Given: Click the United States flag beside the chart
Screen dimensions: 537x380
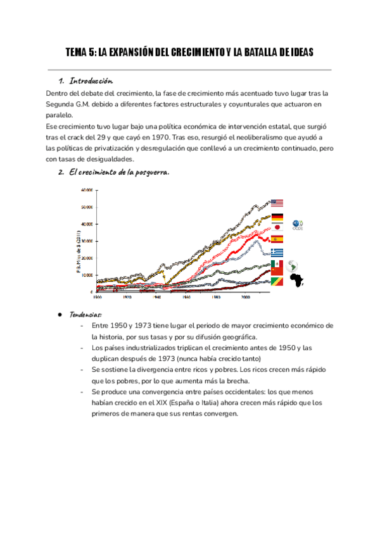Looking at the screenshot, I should [x=277, y=203].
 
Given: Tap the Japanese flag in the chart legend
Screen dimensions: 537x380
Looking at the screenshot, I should [x=277, y=227].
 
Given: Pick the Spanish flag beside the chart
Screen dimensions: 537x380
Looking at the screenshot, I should [x=277, y=239].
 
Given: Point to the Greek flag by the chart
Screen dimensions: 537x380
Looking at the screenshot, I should [x=277, y=251].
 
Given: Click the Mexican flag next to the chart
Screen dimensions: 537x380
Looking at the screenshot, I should [x=277, y=262].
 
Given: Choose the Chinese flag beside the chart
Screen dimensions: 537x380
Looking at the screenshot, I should [x=277, y=274].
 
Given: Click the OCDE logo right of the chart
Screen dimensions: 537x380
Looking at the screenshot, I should [x=298, y=225].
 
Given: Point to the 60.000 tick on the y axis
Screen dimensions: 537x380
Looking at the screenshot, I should [x=87, y=189].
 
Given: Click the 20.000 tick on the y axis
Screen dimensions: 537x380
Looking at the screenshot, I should [x=87, y=258].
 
